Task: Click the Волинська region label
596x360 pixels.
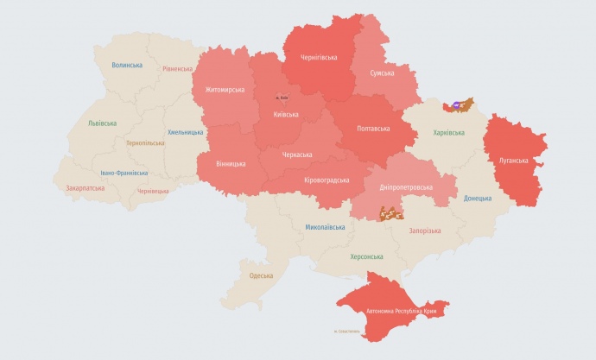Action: pos(127,66)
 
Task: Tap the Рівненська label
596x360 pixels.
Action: pos(177,69)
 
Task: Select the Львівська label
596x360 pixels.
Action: pos(102,123)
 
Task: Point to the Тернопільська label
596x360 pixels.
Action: pos(146,142)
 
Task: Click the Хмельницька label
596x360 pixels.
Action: pos(186,132)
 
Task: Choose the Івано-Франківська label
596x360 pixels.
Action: pos(124,173)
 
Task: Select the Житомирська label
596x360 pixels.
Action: pos(225,90)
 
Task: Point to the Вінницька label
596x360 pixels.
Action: pos(226,163)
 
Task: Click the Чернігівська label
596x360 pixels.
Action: pos(318,57)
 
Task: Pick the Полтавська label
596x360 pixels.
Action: pos(373,129)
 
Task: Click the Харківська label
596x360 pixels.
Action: pos(448,133)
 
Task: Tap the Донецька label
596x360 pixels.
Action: pos(477,198)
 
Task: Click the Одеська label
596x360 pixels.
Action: pos(261,275)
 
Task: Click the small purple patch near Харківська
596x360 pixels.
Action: pos(455,104)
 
